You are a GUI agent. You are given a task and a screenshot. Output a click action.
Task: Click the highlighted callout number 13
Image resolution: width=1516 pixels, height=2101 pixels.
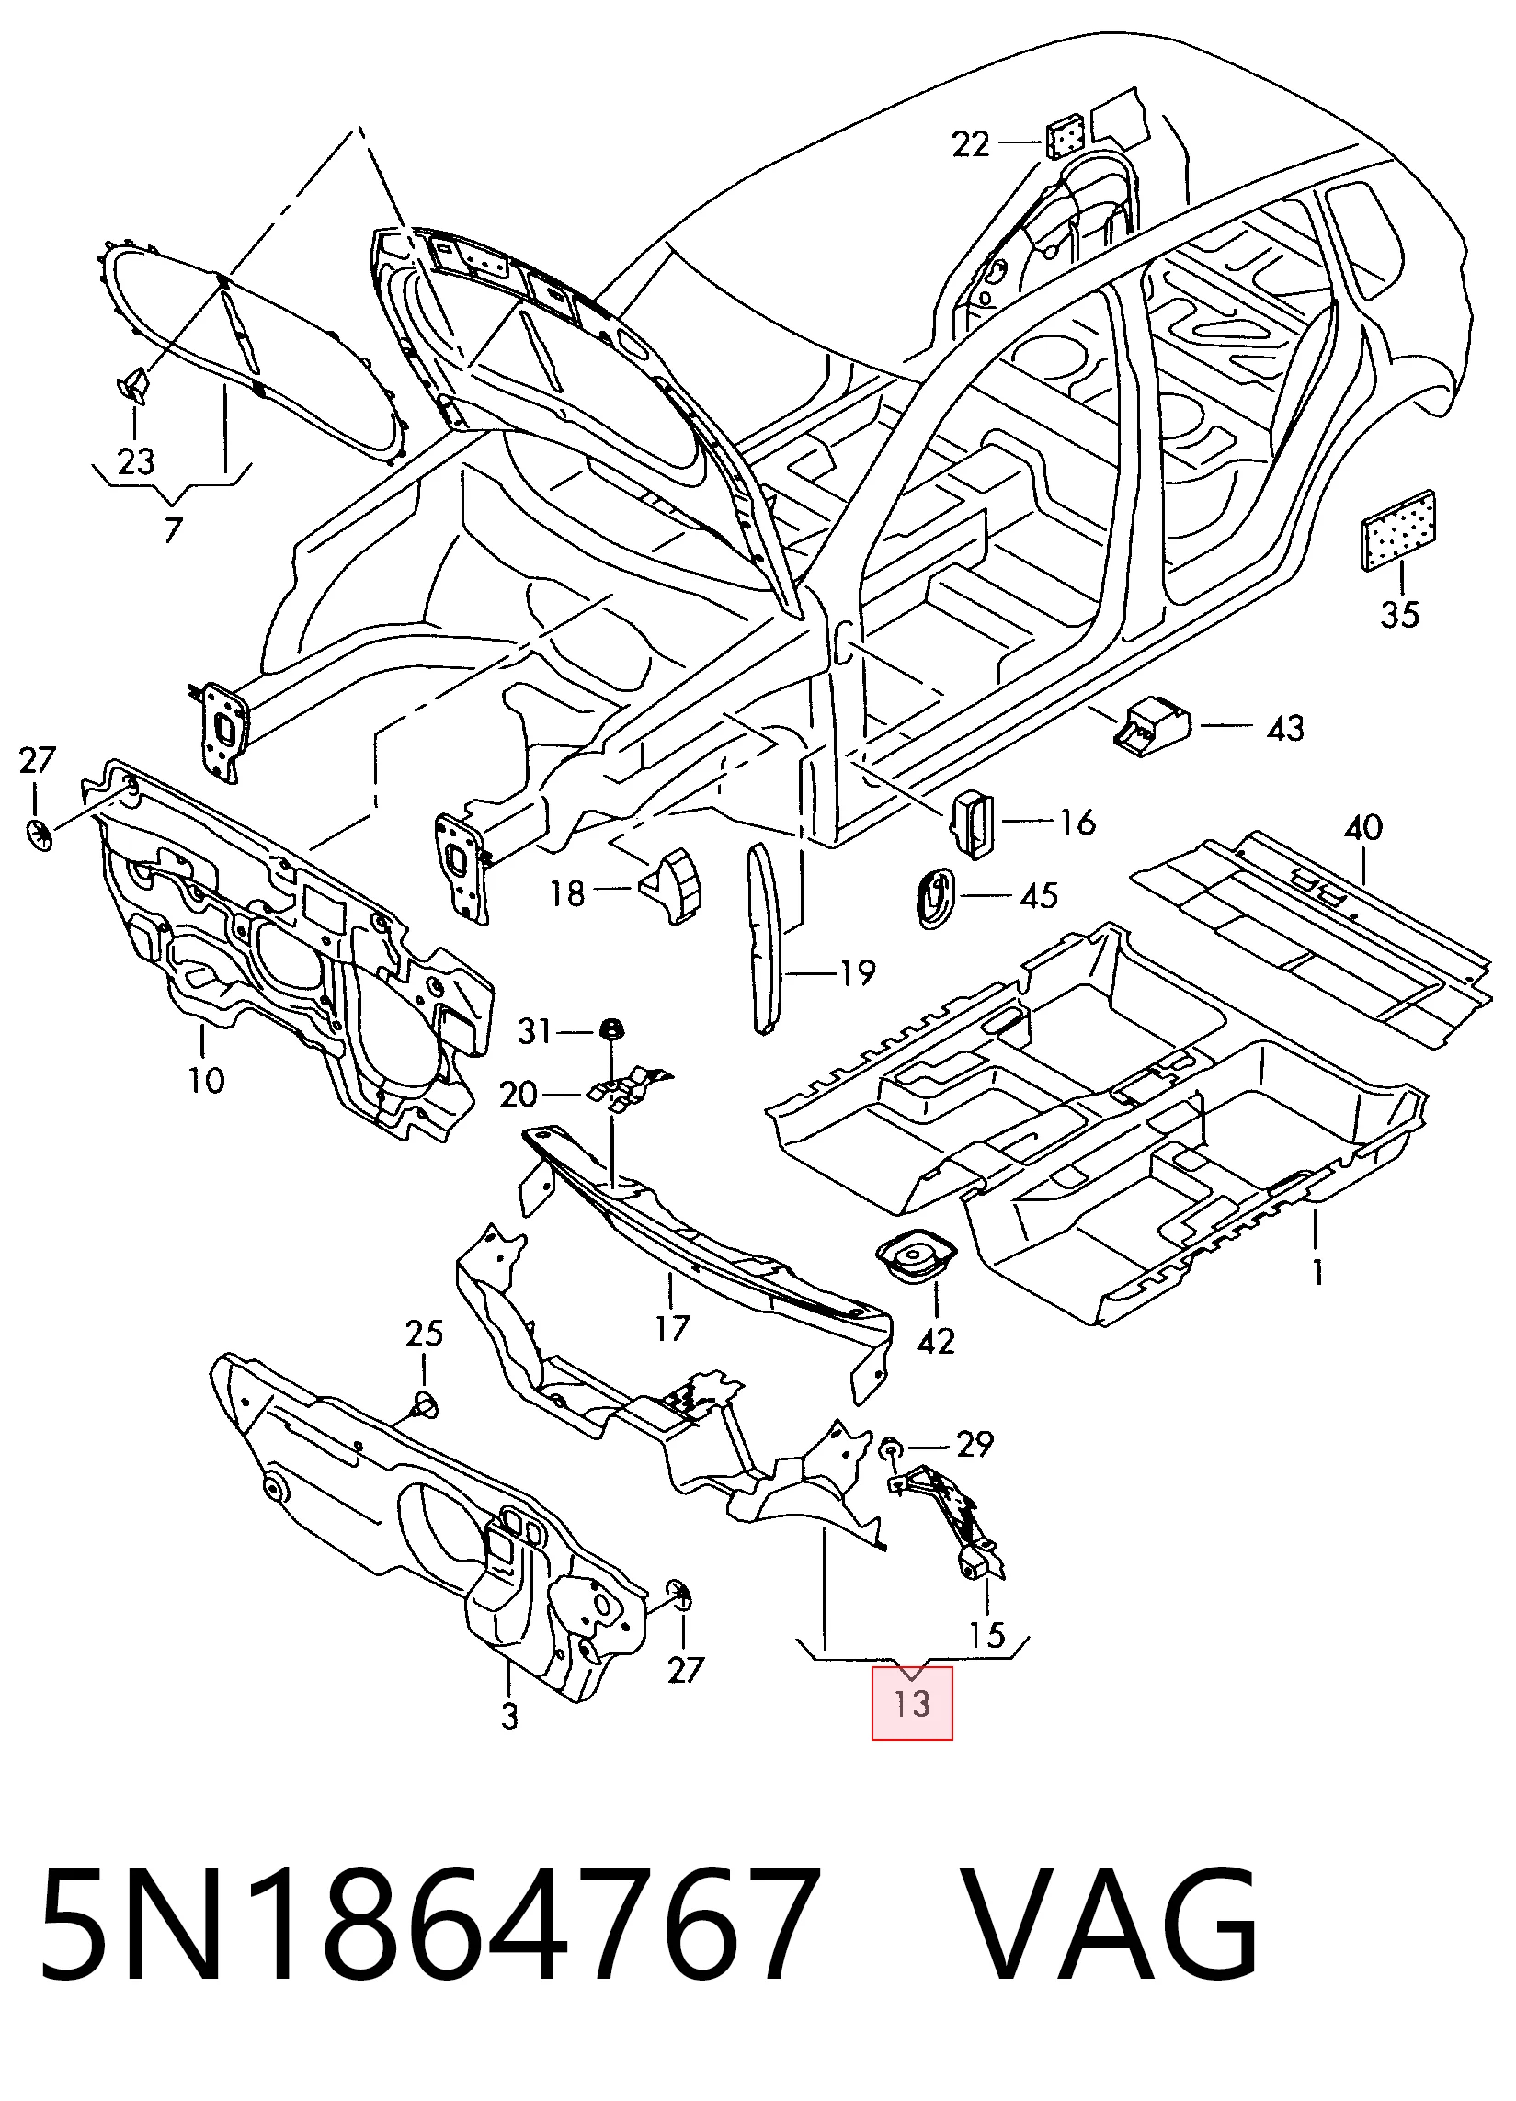(912, 1703)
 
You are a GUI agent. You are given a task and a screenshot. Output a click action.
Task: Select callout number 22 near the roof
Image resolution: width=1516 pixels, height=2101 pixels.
(971, 144)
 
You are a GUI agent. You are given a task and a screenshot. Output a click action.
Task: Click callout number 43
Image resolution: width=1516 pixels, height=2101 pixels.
(1285, 728)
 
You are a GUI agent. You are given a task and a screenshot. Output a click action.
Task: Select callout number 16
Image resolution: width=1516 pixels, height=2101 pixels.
(1077, 822)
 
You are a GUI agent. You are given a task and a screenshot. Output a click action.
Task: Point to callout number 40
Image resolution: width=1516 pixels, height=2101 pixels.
(1363, 826)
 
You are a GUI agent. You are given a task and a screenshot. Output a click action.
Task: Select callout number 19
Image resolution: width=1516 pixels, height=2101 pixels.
(857, 972)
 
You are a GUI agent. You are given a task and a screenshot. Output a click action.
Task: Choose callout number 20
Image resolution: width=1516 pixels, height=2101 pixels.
(519, 1094)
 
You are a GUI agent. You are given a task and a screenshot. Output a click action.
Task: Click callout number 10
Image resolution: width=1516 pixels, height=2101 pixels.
(206, 1080)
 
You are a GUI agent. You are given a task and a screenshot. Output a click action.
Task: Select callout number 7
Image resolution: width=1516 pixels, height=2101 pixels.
(172, 530)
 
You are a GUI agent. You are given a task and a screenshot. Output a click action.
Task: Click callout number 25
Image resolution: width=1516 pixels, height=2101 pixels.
(425, 1334)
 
